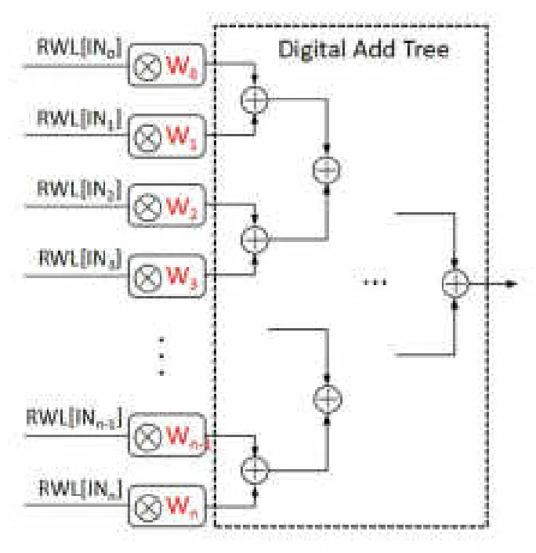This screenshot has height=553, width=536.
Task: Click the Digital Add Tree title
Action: pyautogui.click(x=364, y=49)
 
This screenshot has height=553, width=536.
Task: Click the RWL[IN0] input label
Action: pyautogui.click(x=77, y=49)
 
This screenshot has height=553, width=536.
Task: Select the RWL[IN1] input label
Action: pyautogui.click(x=77, y=119)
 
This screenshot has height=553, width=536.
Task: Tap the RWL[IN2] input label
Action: pyautogui.click(x=77, y=189)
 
